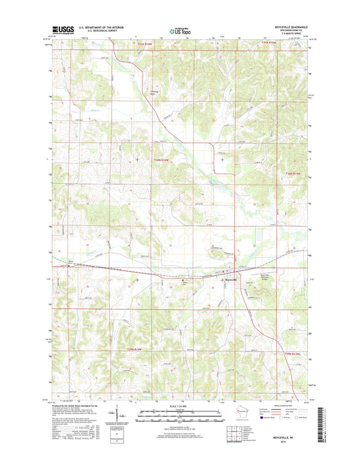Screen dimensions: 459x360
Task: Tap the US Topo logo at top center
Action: [x=180, y=30]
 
